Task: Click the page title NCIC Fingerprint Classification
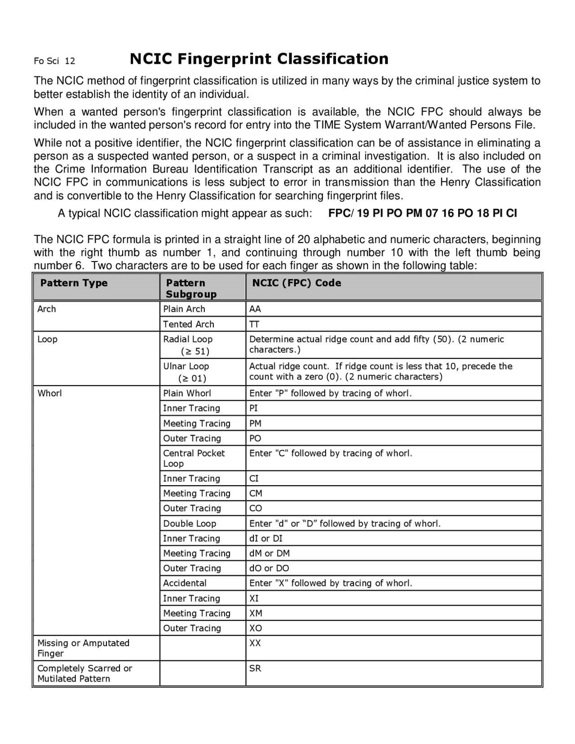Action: coord(259,59)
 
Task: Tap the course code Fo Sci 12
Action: coord(54,61)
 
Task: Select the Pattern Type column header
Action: coord(74,283)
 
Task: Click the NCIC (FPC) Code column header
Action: coord(296,283)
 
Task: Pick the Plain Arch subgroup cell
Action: coord(184,309)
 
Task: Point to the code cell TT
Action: coord(254,324)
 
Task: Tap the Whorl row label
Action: coord(50,393)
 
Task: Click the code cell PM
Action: coord(255,423)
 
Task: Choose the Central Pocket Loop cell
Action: coord(194,458)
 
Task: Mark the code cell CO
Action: coord(255,508)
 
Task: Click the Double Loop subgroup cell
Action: coord(190,523)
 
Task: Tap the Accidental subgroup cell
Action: coord(185,583)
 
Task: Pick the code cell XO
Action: coord(255,628)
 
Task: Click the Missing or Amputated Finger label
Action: coord(83,648)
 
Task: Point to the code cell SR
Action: coord(255,668)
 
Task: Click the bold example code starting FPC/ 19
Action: coord(422,213)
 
